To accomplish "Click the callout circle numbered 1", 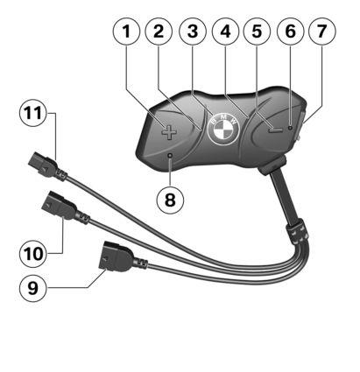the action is pos(126,32).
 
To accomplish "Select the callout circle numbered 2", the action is pos(159,32).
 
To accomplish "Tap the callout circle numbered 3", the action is pos(193,32).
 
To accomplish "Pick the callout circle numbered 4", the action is pos(225,32).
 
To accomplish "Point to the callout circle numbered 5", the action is pos(257,32).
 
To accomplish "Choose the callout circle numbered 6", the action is pos(290,32).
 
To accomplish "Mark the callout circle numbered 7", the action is pos(321,32).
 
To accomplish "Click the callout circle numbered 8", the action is pos(170,200).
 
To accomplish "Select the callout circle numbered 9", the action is pos(32,288).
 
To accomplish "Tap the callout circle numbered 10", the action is pos(33,253).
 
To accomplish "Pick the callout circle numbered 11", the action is pos(33,113).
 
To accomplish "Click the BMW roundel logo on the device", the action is pos(223,129).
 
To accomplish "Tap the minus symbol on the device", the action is pos(276,130).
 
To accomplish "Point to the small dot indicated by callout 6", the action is pos(290,128).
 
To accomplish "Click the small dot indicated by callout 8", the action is pos(170,156).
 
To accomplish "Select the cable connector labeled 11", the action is pos(47,166).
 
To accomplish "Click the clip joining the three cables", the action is pos(298,233).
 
